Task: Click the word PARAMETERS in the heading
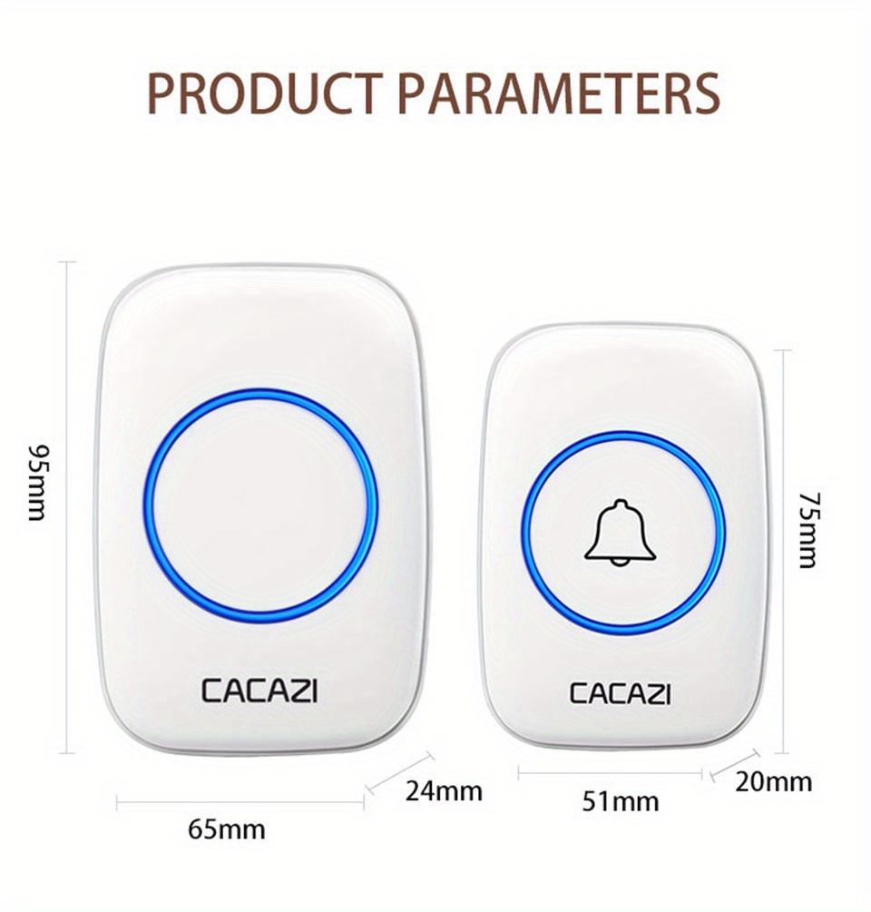tap(560, 93)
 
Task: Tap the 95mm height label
tap(38, 483)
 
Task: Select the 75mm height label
tap(809, 530)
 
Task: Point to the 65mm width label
tap(226, 829)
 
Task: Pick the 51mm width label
tap(621, 802)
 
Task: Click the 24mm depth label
tap(444, 791)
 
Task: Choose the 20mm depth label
tap(773, 782)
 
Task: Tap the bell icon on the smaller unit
tap(621, 532)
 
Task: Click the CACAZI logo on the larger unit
tap(259, 691)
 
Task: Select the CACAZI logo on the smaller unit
tap(620, 693)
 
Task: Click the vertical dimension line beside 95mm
tap(68, 507)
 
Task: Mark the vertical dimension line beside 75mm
tap(783, 552)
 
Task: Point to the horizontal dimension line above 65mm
tap(240, 804)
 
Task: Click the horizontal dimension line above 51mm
tap(610, 773)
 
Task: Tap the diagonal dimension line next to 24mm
tap(401, 772)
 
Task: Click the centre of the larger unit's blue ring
tap(260, 504)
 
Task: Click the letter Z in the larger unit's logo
tap(297, 691)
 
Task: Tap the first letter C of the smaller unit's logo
tap(579, 693)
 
